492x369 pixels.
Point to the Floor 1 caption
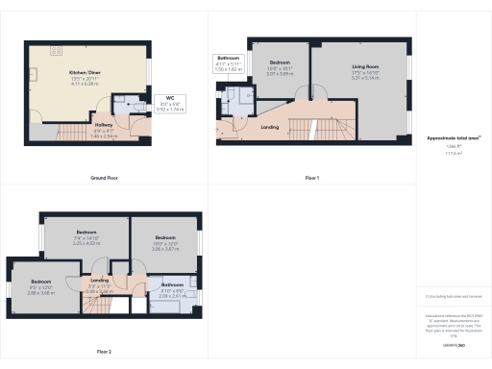[x=311, y=178]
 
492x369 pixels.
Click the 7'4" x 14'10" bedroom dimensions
[x=87, y=237]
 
